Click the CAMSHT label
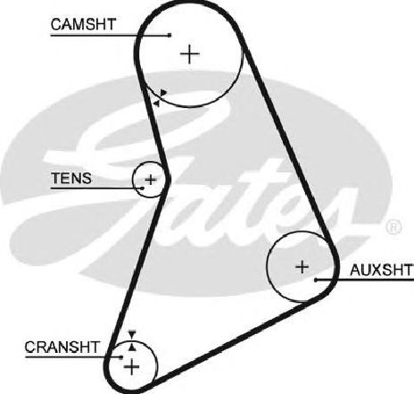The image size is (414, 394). (x=83, y=24)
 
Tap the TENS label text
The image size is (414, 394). (x=71, y=179)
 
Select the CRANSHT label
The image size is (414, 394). (x=62, y=347)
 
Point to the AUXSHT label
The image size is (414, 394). (x=382, y=270)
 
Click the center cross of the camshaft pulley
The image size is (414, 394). (x=190, y=54)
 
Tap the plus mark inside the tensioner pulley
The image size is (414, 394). (x=151, y=180)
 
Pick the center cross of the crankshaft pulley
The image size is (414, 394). (x=131, y=367)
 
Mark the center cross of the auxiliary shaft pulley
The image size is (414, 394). (x=302, y=267)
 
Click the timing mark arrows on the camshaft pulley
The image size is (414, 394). (x=160, y=98)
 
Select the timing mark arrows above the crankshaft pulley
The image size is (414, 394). (x=132, y=340)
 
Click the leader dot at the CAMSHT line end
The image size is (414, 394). (x=170, y=35)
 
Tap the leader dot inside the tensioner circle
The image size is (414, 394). (x=143, y=188)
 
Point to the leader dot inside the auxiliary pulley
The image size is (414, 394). (x=316, y=280)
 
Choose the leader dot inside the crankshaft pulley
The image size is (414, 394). (x=121, y=356)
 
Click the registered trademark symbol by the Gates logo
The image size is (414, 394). (x=393, y=227)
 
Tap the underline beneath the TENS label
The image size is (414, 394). (x=96, y=189)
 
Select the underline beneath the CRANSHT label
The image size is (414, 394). (x=73, y=356)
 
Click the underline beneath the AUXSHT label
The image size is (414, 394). (x=365, y=280)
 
